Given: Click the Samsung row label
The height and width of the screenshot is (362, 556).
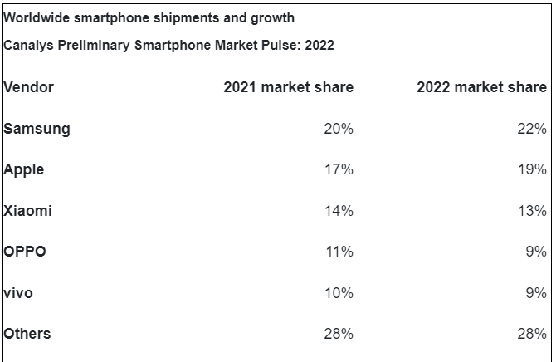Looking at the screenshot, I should pyautogui.click(x=37, y=129).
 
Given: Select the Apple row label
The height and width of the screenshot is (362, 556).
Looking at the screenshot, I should pyautogui.click(x=24, y=169).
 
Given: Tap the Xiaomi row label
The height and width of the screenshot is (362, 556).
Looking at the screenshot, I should pyautogui.click(x=28, y=211).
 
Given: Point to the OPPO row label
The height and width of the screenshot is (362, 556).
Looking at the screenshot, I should pyautogui.click(x=25, y=252).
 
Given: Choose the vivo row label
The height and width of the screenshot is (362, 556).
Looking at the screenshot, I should pyautogui.click(x=19, y=293).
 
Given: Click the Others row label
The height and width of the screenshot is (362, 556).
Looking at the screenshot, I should pyautogui.click(x=27, y=334).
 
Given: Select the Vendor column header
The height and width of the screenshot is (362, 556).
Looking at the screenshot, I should pyautogui.click(x=29, y=87).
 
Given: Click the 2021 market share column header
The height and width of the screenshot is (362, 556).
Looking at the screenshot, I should pyautogui.click(x=289, y=87).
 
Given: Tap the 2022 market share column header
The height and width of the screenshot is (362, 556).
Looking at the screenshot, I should pyautogui.click(x=482, y=87).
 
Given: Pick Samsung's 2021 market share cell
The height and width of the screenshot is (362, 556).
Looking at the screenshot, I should pyautogui.click(x=339, y=129).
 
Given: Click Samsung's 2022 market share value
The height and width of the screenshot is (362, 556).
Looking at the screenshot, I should pyautogui.click(x=532, y=129).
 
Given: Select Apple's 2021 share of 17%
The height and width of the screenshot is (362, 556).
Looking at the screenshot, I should pyautogui.click(x=339, y=169).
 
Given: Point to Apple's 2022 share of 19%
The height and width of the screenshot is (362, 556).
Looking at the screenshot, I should pyautogui.click(x=532, y=169).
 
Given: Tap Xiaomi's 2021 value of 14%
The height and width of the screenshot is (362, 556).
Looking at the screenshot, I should pyautogui.click(x=339, y=211).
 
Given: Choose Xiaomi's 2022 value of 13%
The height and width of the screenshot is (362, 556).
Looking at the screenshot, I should pyautogui.click(x=532, y=211).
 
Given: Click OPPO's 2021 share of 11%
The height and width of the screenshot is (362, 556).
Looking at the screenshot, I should pyautogui.click(x=339, y=252).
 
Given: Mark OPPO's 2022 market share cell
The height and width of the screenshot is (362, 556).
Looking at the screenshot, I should pyautogui.click(x=536, y=252).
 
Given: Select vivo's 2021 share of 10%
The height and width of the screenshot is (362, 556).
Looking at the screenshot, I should pyautogui.click(x=339, y=293).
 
